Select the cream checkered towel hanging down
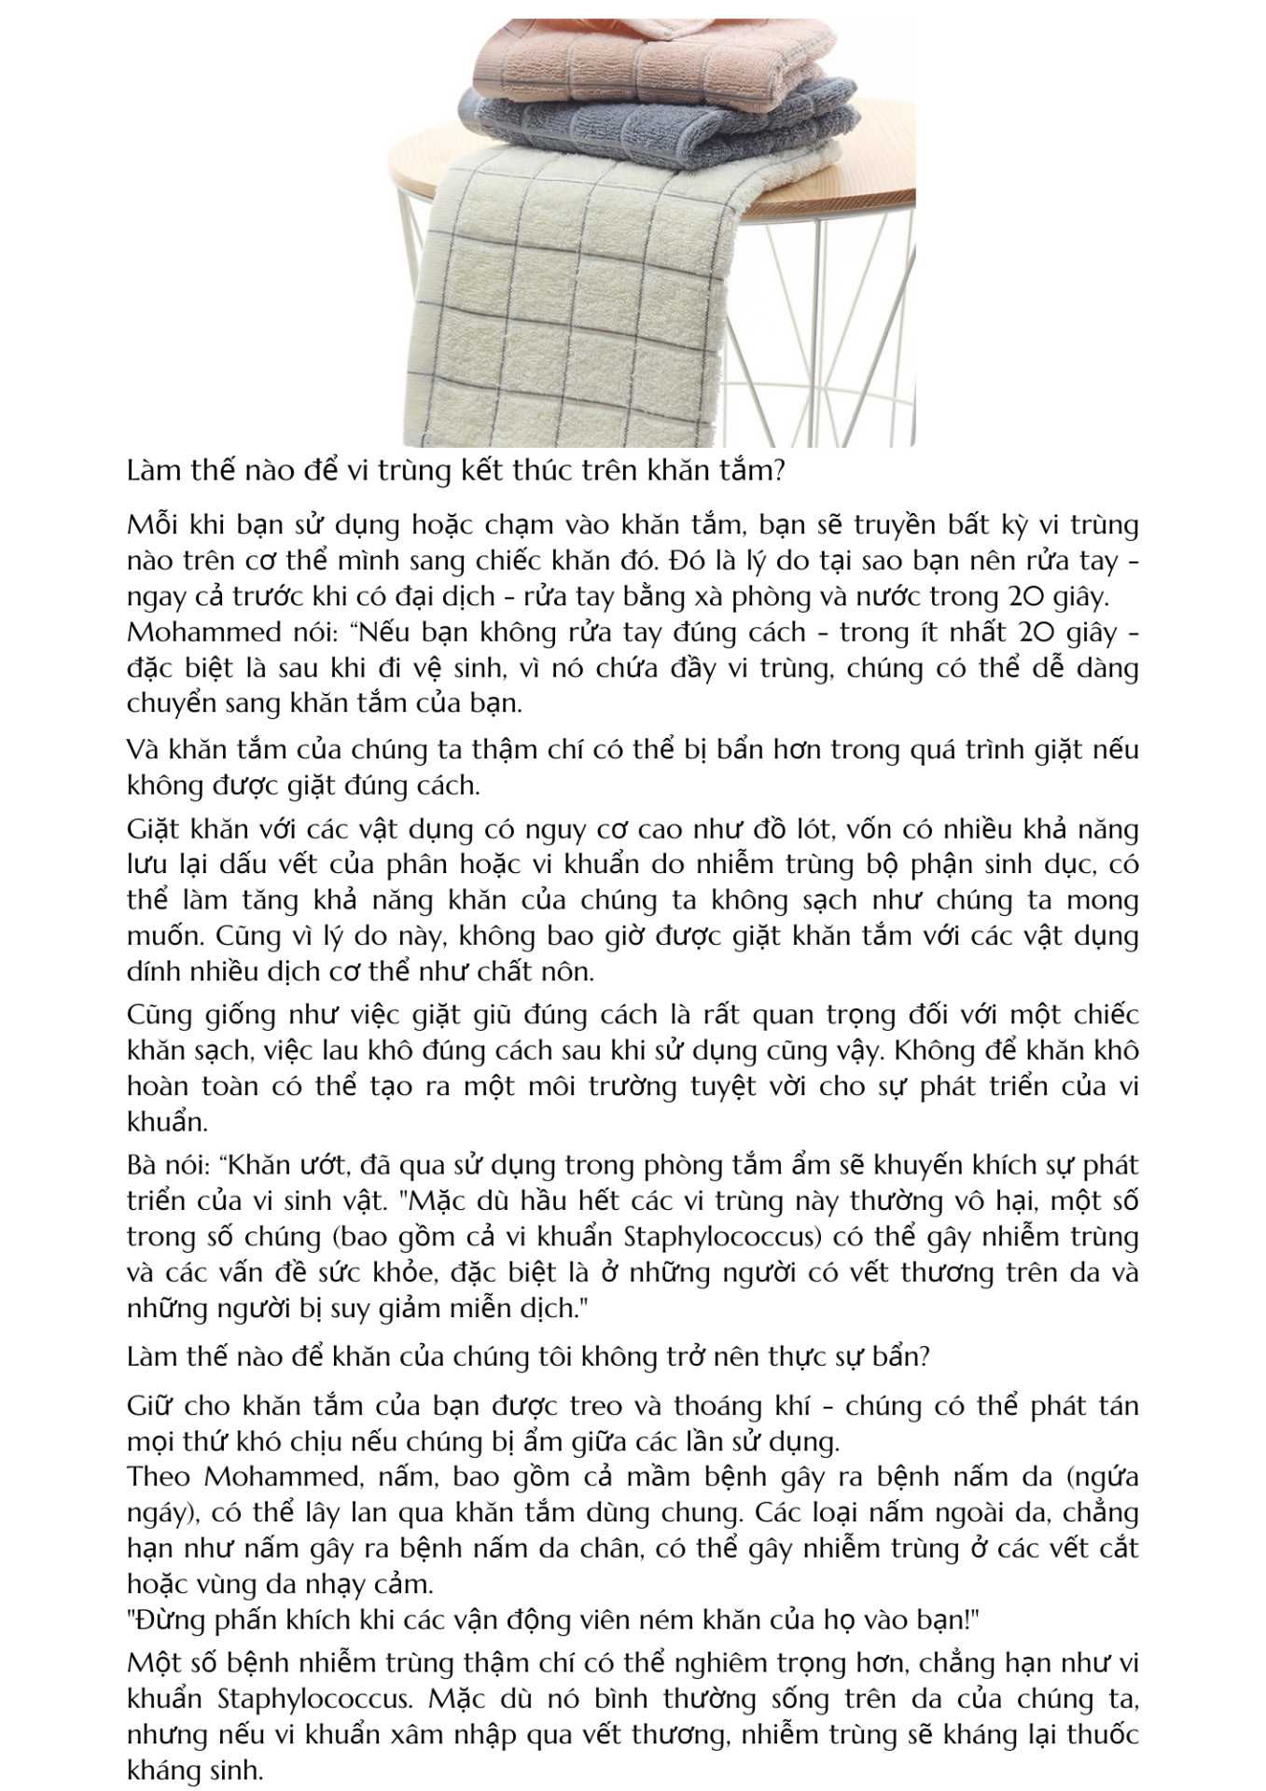[569, 298]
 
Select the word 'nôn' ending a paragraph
[568, 971]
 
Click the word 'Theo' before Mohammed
[159, 1477]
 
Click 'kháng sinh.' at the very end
[196, 1770]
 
